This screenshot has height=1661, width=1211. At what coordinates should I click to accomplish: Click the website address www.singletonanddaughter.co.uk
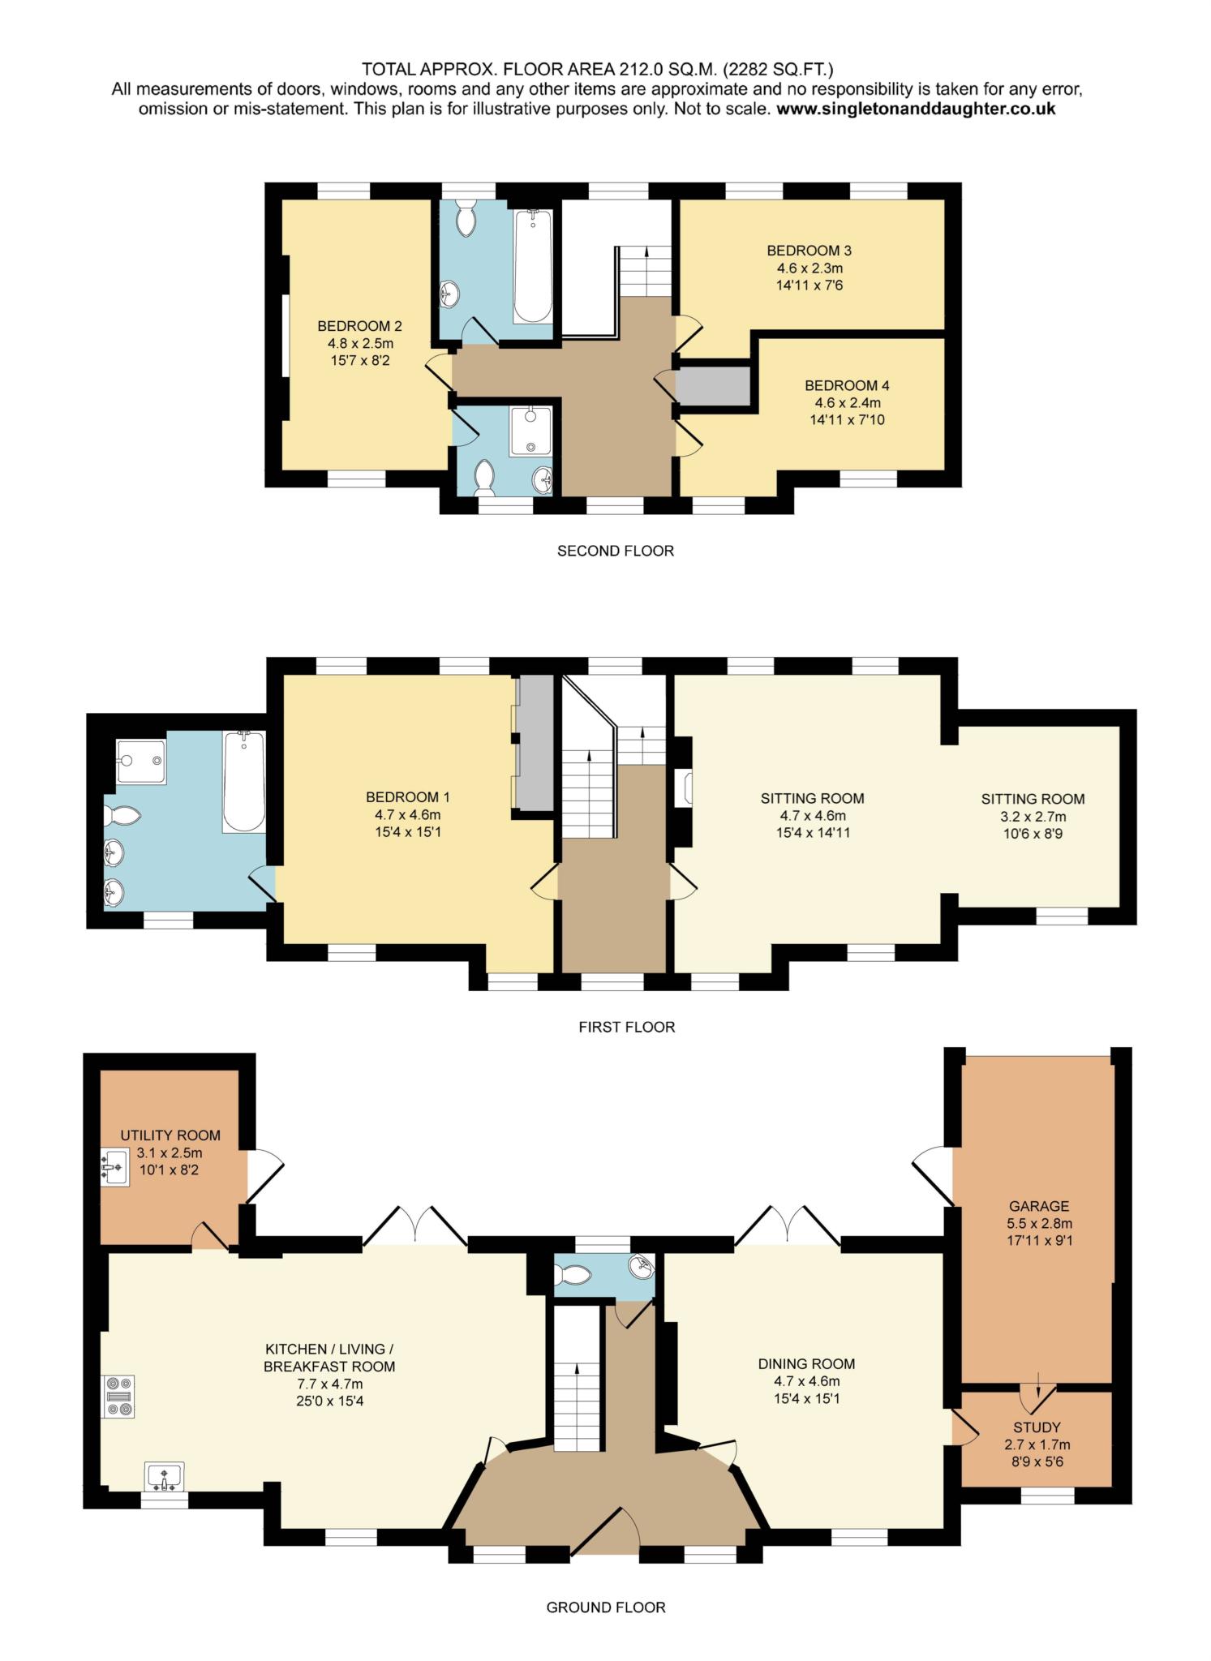(x=916, y=109)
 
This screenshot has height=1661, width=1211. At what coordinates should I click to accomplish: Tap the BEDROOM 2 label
(x=359, y=326)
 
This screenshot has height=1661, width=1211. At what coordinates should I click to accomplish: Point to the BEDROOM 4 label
(x=847, y=385)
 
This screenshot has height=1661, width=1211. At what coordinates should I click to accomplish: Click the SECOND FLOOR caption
(x=616, y=551)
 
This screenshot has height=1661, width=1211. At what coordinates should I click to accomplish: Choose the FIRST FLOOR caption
(x=626, y=1027)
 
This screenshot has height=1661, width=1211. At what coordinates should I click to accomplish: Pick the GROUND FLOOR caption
(x=606, y=1607)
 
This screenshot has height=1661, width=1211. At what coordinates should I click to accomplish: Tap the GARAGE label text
(x=1039, y=1206)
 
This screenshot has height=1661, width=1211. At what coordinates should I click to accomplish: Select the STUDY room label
(x=1037, y=1427)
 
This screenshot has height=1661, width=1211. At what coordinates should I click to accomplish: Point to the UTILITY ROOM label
(x=170, y=1135)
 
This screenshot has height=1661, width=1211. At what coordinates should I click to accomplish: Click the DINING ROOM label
(x=806, y=1363)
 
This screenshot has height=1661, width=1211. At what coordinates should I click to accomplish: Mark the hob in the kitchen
(x=118, y=1397)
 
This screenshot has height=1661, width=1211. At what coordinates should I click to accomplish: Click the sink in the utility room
(x=115, y=1167)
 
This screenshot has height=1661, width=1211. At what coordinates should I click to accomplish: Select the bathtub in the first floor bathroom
(x=244, y=781)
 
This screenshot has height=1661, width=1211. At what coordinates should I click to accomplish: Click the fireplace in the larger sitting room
(x=683, y=788)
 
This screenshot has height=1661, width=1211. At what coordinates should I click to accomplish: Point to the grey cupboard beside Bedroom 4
(x=713, y=386)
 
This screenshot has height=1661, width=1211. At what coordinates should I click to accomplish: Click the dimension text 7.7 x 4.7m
(x=329, y=1383)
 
